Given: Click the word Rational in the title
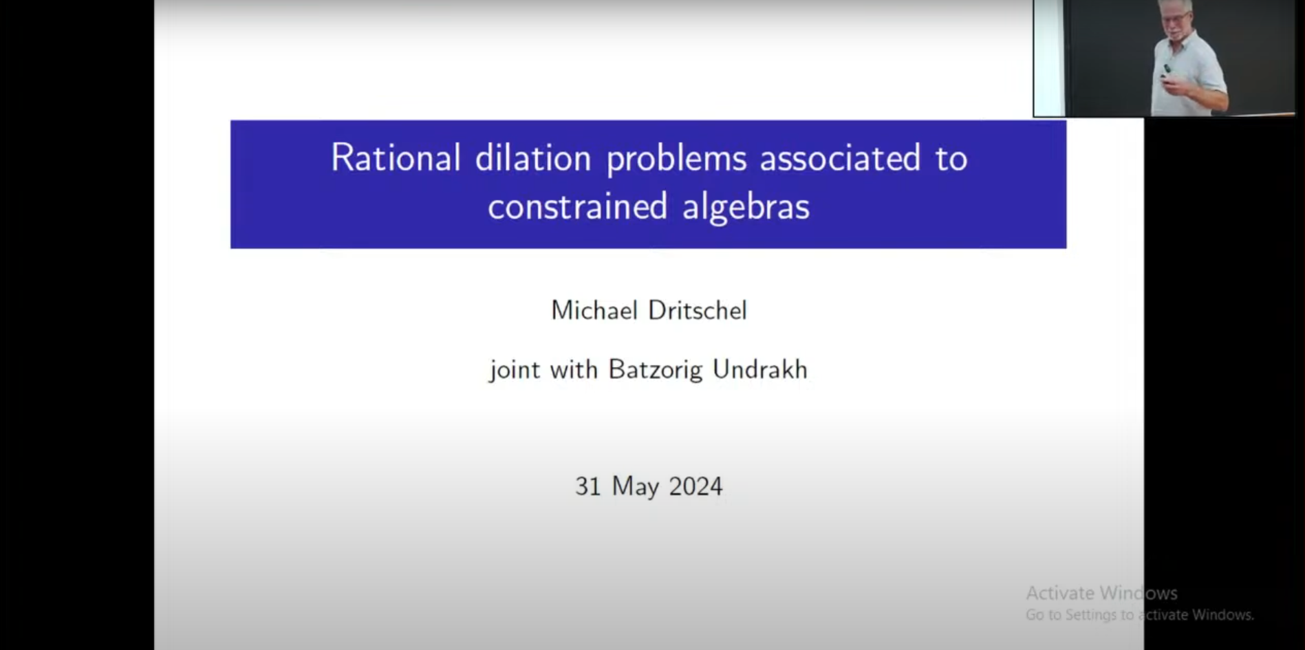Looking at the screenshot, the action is pos(396,158).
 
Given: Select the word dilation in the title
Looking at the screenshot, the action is pos(533,158).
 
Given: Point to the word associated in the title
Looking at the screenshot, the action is pos(840,158).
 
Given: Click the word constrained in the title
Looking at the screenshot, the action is pos(578,206).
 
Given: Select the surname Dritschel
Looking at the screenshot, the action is pos(698,310).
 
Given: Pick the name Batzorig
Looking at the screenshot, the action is pos(656,371).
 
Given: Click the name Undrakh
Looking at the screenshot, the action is pos(760,369).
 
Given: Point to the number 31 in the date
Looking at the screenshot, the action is pos(588,486).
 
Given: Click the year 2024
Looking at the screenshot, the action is pos(695,486).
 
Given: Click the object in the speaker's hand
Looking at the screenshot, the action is pos(1167,71).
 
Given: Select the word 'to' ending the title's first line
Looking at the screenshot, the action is pos(951,159).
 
